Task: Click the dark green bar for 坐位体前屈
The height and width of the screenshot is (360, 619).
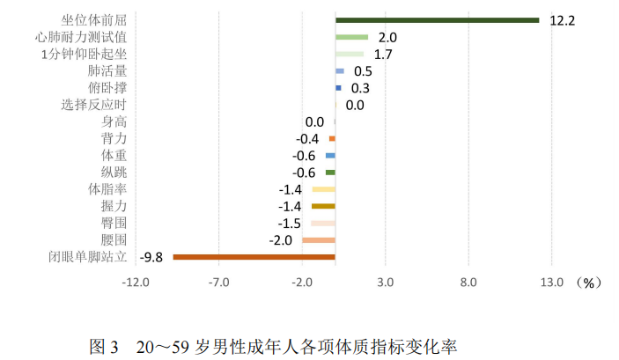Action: [437, 20]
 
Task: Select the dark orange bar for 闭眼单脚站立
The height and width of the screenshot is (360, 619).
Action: [254, 257]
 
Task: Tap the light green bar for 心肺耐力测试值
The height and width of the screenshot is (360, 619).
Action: [351, 37]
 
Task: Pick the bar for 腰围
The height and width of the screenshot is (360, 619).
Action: [318, 240]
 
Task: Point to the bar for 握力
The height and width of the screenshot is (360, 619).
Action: [323, 206]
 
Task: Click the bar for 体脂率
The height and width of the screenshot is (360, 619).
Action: [323, 189]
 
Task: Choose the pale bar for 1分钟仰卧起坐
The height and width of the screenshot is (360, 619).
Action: [349, 55]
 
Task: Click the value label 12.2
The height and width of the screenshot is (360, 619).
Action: [562, 20]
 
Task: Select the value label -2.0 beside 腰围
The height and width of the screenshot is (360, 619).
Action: [280, 240]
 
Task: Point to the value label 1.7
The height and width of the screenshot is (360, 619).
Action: [383, 55]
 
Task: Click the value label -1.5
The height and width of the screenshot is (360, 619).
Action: [290, 224]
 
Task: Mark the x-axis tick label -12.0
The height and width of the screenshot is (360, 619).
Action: [136, 283]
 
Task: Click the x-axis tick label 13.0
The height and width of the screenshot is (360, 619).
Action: [551, 283]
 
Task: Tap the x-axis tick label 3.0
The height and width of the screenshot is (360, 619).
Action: [385, 283]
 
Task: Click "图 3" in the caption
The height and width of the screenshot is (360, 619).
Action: [103, 345]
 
